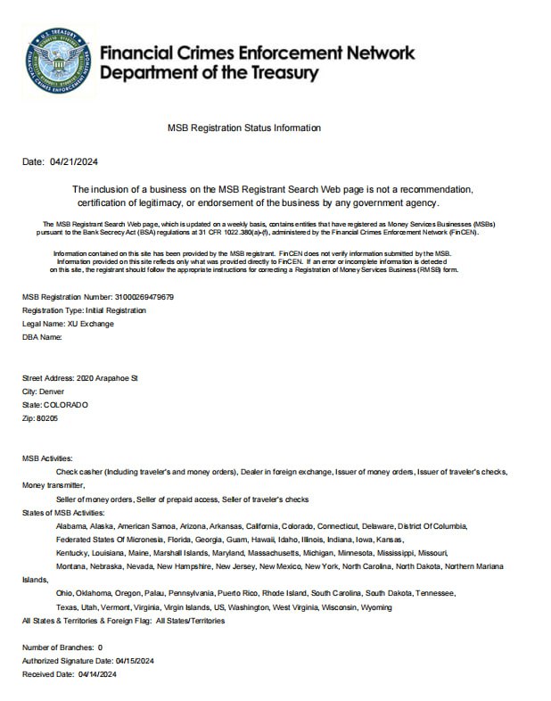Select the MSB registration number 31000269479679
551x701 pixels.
point(144,297)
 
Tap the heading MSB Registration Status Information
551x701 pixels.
point(243,128)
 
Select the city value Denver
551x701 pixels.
point(53,392)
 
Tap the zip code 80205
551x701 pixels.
point(47,418)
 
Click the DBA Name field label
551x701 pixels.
point(42,337)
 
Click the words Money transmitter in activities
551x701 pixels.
point(53,485)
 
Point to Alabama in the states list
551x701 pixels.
point(70,526)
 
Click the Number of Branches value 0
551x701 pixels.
point(100,647)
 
